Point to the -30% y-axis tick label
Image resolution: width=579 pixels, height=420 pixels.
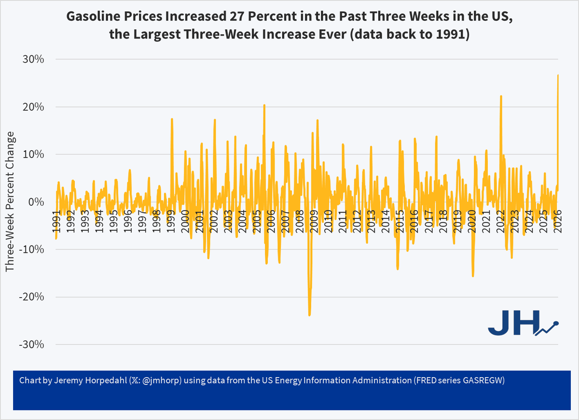31,344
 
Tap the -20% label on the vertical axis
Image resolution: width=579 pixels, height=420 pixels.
31,297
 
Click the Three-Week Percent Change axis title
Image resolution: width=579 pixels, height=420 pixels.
10,202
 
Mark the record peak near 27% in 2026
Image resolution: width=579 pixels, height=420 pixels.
558,75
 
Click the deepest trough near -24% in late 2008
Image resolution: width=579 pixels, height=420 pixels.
309,315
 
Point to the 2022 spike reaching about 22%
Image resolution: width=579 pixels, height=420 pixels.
501,96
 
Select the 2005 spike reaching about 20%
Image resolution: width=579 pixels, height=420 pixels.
264,105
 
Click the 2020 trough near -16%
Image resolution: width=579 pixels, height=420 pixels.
472,276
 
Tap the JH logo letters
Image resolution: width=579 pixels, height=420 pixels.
512,323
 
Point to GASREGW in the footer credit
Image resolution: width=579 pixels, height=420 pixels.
488,381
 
